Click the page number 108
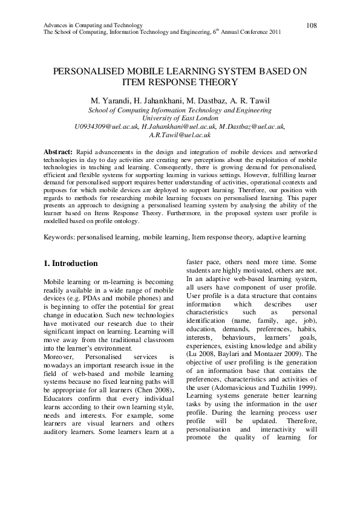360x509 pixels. (x=312, y=25)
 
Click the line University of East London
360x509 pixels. (x=180, y=118)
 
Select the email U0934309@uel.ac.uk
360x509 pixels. (x=106, y=127)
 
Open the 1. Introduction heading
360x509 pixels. (x=71, y=264)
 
